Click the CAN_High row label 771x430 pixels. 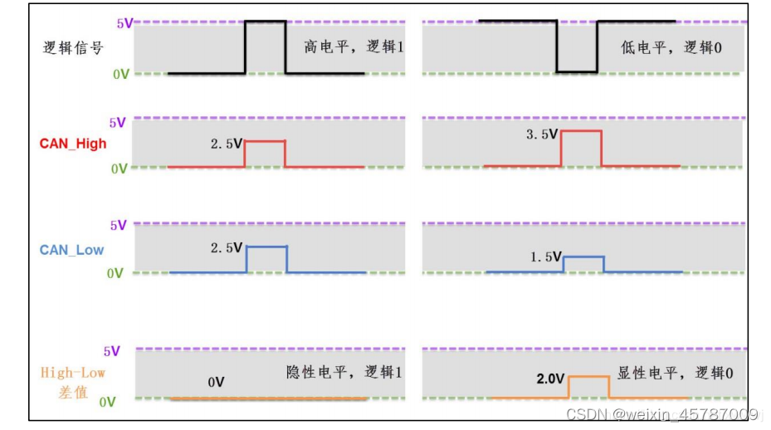point(73,143)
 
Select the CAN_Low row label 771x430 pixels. point(71,249)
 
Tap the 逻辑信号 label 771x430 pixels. point(73,48)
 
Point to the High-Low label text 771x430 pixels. point(73,373)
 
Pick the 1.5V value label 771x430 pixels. point(546,257)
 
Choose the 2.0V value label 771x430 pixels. point(550,379)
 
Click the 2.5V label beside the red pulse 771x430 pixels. point(226,144)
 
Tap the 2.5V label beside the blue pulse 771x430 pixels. point(226,247)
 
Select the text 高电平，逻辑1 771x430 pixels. point(354,48)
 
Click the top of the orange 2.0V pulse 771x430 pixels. point(588,377)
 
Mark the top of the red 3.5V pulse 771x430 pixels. point(581,131)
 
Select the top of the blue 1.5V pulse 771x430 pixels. point(583,257)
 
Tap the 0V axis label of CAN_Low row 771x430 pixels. point(117,273)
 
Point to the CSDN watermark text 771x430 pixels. point(661,413)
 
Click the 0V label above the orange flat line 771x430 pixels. point(216,383)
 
